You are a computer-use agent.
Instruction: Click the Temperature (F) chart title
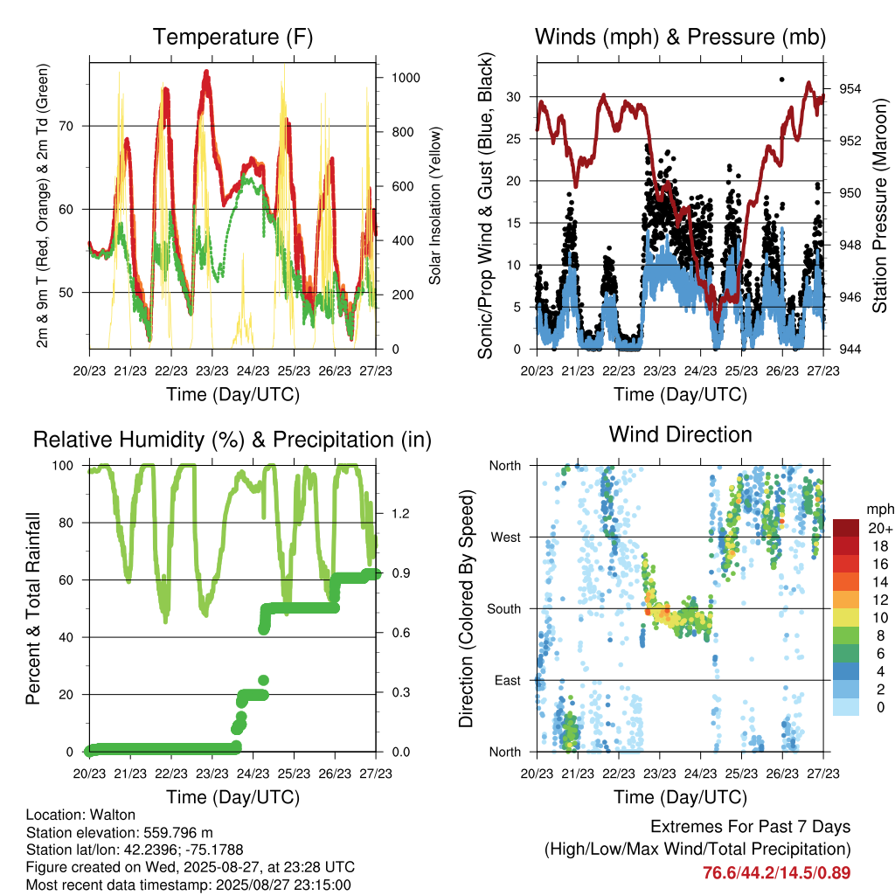(232, 37)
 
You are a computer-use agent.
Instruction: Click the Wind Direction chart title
(680, 434)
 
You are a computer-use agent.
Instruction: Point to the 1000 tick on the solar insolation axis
(406, 78)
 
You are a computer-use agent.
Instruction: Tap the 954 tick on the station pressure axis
(850, 88)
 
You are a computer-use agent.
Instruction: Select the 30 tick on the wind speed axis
(514, 97)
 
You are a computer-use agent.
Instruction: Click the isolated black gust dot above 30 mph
(782, 80)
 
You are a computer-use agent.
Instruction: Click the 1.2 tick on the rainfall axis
(400, 513)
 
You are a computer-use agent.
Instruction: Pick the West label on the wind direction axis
(506, 538)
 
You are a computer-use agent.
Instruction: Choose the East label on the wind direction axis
(508, 680)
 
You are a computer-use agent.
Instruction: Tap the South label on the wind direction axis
(504, 609)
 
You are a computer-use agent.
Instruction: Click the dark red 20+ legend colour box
(846, 528)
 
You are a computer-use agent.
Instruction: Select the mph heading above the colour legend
(879, 510)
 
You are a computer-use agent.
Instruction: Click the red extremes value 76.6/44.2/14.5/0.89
(776, 873)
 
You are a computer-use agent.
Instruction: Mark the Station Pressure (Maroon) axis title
(879, 205)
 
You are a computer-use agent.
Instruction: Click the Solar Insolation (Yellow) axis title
(435, 205)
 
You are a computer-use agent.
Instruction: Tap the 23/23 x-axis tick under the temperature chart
(212, 371)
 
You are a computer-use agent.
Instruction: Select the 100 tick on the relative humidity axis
(63, 466)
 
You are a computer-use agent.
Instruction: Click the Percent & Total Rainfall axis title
(33, 608)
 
